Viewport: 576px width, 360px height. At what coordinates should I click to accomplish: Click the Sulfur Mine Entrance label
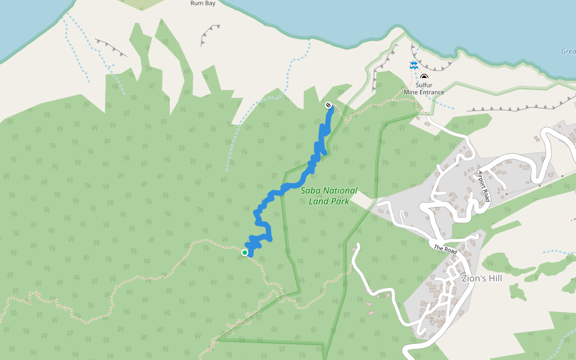click(x=424, y=89)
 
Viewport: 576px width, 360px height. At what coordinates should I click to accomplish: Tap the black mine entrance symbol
click(x=424, y=77)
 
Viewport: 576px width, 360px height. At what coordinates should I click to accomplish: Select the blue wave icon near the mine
click(x=413, y=65)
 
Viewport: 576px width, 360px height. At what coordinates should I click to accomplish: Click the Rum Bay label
click(x=203, y=3)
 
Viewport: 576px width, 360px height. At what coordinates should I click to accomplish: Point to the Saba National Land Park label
click(x=328, y=196)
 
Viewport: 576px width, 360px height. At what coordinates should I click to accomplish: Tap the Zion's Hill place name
click(x=482, y=278)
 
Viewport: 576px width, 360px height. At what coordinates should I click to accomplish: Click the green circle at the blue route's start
click(x=245, y=253)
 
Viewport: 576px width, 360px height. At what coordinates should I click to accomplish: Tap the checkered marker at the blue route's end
click(x=328, y=106)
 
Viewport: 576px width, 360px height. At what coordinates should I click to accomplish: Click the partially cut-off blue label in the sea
click(x=569, y=52)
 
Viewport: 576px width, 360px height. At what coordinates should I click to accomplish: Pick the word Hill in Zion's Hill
click(x=495, y=278)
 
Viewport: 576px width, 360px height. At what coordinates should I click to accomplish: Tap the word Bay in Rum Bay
click(x=209, y=3)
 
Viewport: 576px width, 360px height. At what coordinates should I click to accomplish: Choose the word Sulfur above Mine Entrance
click(x=424, y=85)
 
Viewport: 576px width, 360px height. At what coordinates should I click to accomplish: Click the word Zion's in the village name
click(x=473, y=278)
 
